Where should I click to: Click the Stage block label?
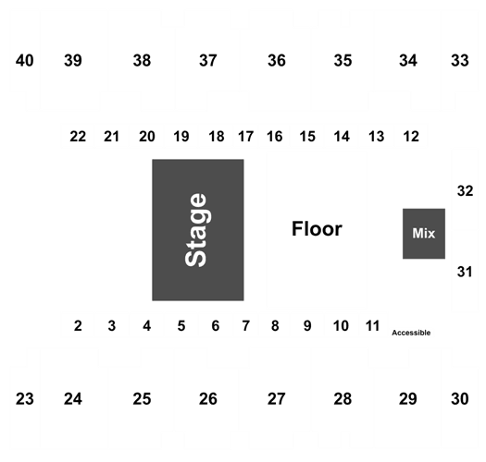coord(195,229)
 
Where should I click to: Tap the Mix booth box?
coord(424,234)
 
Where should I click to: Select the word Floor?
coord(317,229)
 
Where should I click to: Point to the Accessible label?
coord(411,333)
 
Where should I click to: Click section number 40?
coord(24,60)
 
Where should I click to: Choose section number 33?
coord(460,60)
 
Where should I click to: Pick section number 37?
coord(208,60)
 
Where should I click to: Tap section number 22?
coord(78,137)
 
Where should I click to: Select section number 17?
coord(246,137)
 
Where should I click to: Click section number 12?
coord(411,137)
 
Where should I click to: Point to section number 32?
coord(465,191)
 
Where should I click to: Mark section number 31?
coord(465,272)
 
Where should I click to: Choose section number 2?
coord(78,326)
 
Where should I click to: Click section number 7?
coord(246,326)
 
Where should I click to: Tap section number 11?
coord(372,326)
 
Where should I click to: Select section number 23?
coord(24,399)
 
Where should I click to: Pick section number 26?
coord(208,399)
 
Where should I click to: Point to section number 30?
coord(460,399)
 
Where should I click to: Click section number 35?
coord(343,60)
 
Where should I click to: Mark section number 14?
coord(342,137)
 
